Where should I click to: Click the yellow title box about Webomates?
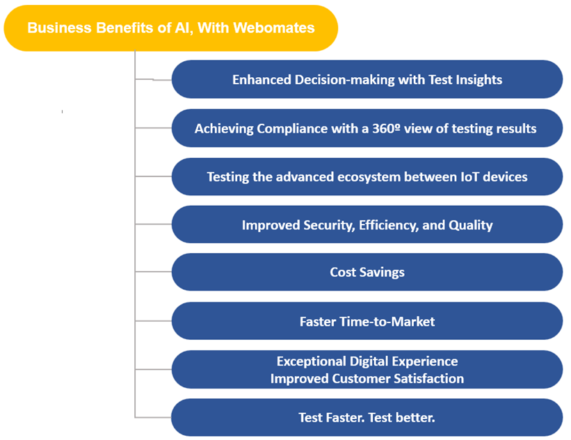pyautogui.click(x=171, y=28)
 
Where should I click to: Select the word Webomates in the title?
pyautogui.click(x=274, y=28)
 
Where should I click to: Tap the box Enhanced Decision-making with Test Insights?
pyautogui.click(x=367, y=79)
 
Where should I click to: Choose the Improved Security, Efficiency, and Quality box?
pyautogui.click(x=367, y=225)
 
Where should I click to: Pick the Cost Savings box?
pyautogui.click(x=367, y=272)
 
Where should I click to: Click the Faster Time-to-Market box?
pyautogui.click(x=367, y=321)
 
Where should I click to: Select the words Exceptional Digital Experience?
pyautogui.click(x=367, y=361)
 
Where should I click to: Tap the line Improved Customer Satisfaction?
pyautogui.click(x=367, y=379)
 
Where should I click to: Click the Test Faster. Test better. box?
pyautogui.click(x=367, y=418)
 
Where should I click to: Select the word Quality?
pyautogui.click(x=470, y=225)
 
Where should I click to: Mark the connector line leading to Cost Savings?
pyautogui.click(x=153, y=272)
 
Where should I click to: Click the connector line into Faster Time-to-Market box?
pyautogui.click(x=153, y=321)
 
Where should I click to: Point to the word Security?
pyautogui.click(x=329, y=225)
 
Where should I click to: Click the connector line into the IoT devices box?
pyautogui.click(x=153, y=177)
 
